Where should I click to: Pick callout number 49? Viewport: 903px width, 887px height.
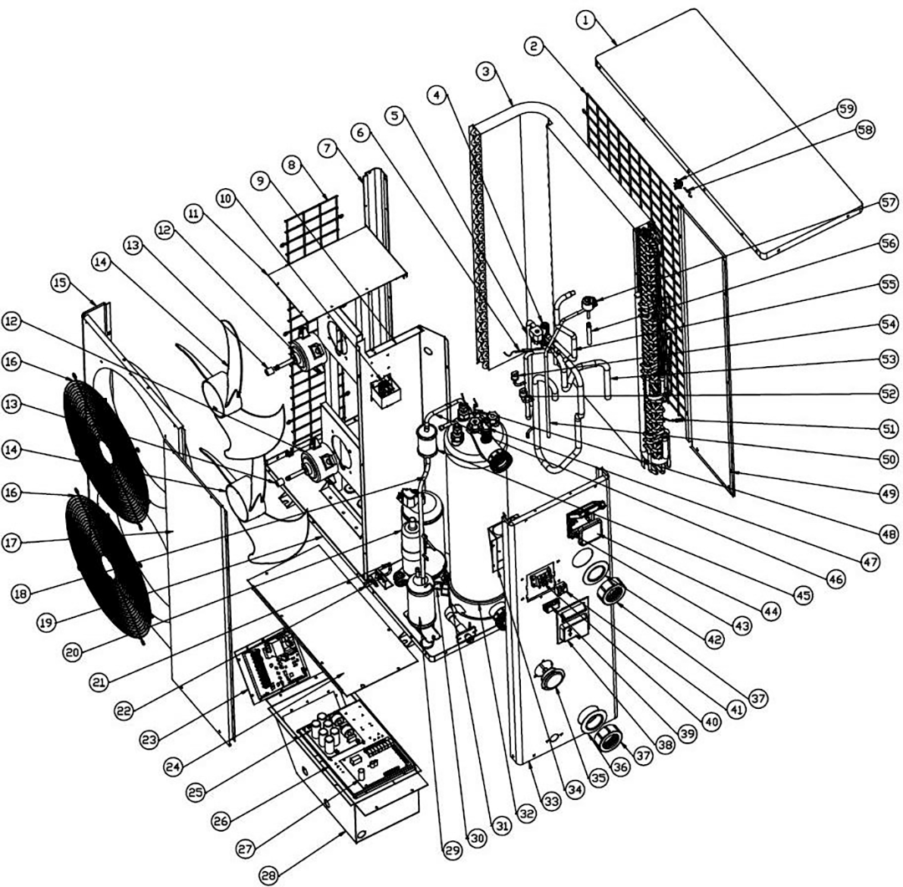click(x=865, y=496)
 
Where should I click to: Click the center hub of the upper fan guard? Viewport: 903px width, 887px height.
click(x=106, y=449)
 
